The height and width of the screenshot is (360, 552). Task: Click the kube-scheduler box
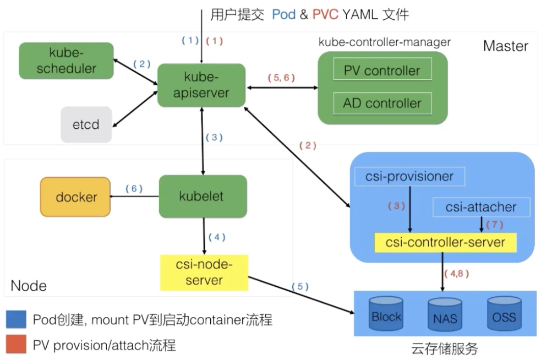tap(65, 60)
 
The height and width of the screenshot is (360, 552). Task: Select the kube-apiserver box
tap(201, 85)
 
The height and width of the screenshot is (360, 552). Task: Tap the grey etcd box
tap(86, 124)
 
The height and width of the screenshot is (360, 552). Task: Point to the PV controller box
tap(382, 70)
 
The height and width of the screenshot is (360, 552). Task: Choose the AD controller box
tap(382, 103)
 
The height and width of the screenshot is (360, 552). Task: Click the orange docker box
tap(76, 197)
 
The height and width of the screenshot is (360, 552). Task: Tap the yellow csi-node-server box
tap(204, 272)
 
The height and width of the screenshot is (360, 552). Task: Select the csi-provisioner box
tap(411, 177)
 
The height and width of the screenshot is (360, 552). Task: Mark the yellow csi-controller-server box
tap(446, 242)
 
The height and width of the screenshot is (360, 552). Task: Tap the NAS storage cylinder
tap(445, 318)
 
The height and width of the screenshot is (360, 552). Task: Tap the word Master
tap(505, 46)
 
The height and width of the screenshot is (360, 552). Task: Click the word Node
tap(29, 286)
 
